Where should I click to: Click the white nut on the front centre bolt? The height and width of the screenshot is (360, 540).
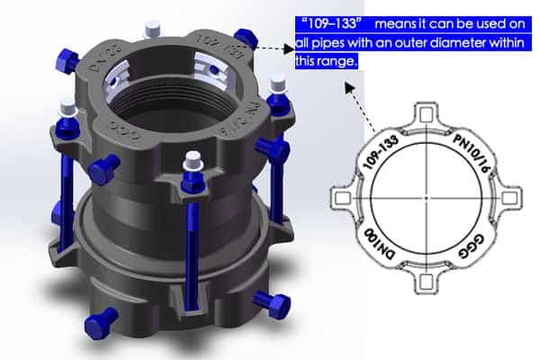pyautogui.click(x=192, y=162)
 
